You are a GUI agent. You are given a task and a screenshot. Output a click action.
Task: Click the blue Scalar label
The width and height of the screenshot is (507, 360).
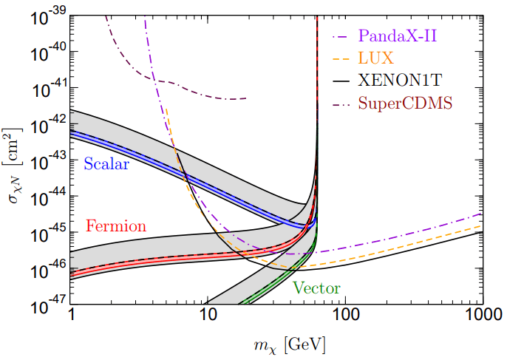click(106, 164)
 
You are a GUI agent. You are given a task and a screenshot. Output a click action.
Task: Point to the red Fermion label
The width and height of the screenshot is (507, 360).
click(116, 225)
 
